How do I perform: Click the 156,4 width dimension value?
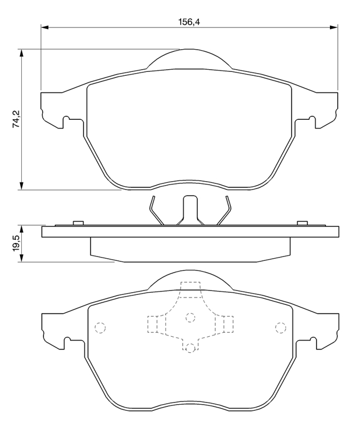189,22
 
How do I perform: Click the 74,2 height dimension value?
16,119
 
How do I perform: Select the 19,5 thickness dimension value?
16,244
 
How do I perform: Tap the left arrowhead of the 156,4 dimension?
45,27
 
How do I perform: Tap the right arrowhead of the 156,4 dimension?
334,27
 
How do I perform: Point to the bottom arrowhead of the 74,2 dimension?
21,186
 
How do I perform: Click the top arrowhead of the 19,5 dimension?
21,230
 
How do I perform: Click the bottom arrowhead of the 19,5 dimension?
21,258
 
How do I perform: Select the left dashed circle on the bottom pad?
100,328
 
